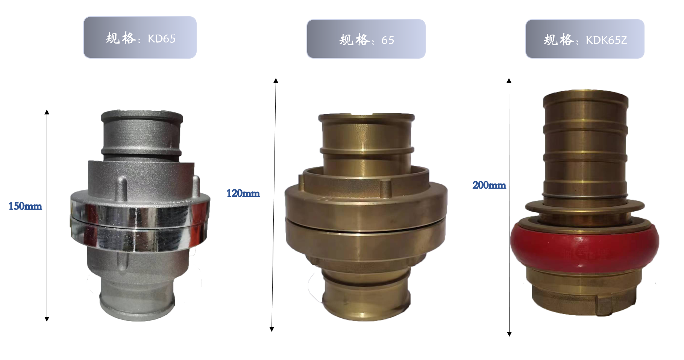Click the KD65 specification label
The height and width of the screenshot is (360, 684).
coord(140,37)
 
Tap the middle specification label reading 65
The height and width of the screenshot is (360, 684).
coord(366,39)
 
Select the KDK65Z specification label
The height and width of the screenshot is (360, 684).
coord(585,39)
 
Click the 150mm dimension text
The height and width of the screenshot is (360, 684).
coord(25,206)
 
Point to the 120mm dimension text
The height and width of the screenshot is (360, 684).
coord(243,193)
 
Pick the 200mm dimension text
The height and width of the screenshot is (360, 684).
coord(489,185)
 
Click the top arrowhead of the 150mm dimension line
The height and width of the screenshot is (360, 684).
coord(47,112)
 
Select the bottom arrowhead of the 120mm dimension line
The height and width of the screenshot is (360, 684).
coord(272,329)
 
